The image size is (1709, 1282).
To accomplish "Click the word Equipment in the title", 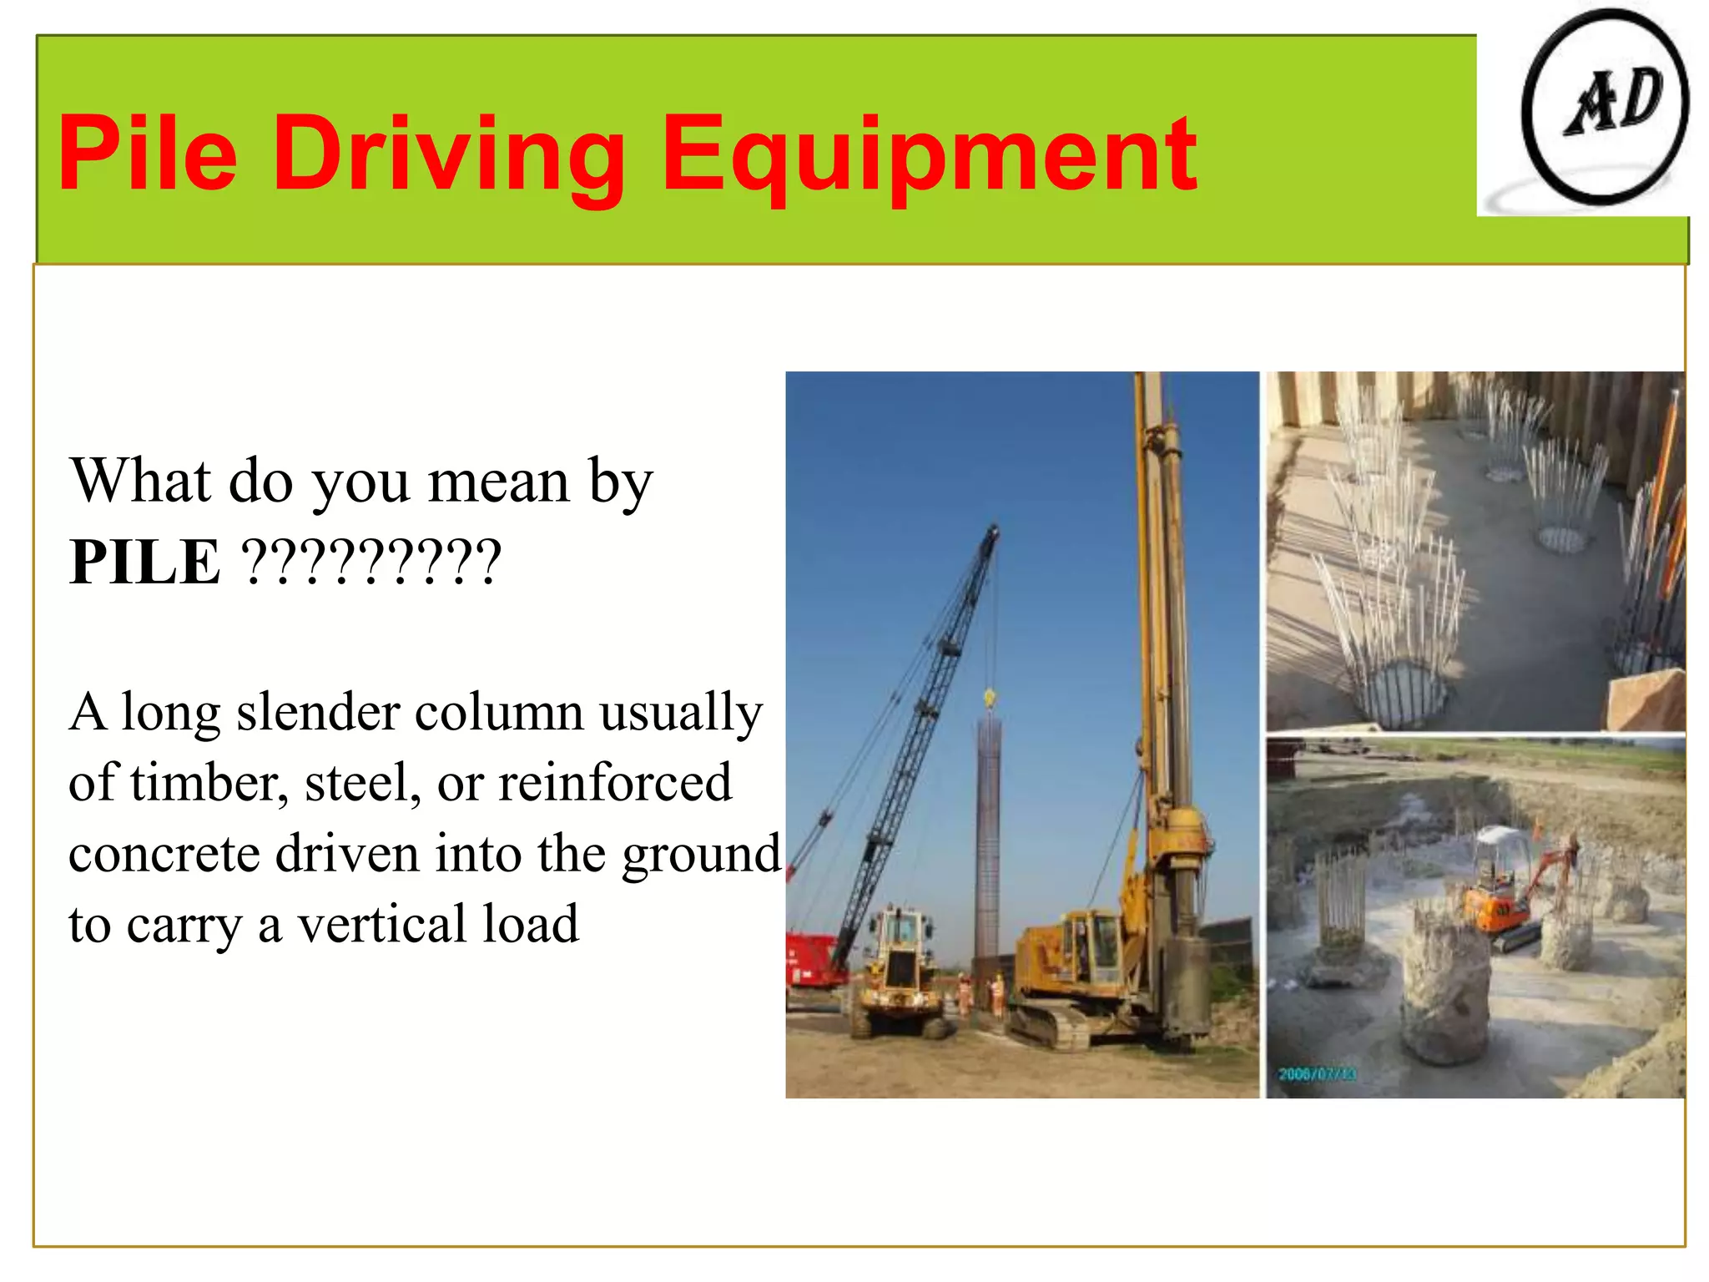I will click(929, 156).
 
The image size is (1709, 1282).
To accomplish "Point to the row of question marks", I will click(371, 563).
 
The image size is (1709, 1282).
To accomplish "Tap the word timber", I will click(209, 784).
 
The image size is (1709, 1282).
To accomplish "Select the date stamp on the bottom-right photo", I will click(1317, 1073).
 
